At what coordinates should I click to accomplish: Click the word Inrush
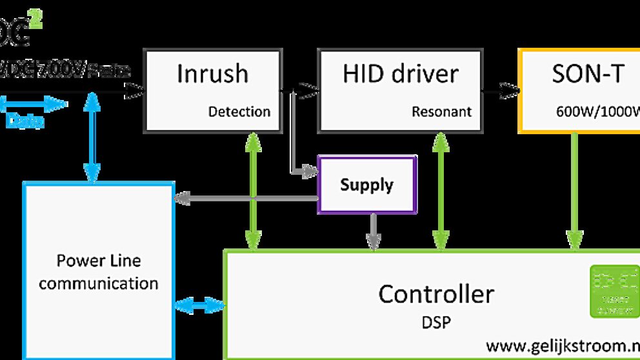pyautogui.click(x=212, y=74)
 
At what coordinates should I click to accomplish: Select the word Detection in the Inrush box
pyautogui.click(x=239, y=112)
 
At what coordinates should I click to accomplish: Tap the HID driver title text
pyautogui.click(x=401, y=74)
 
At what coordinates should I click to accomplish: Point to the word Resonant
pyautogui.click(x=441, y=112)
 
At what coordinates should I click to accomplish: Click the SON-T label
pyautogui.click(x=588, y=74)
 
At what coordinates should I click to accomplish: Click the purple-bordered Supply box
pyautogui.click(x=367, y=185)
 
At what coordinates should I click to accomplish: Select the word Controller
pyautogui.click(x=436, y=294)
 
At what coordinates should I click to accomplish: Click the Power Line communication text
pyautogui.click(x=98, y=272)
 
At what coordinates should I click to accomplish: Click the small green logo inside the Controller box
pyautogui.click(x=614, y=291)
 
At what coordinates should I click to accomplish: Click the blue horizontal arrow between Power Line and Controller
pyautogui.click(x=199, y=304)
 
